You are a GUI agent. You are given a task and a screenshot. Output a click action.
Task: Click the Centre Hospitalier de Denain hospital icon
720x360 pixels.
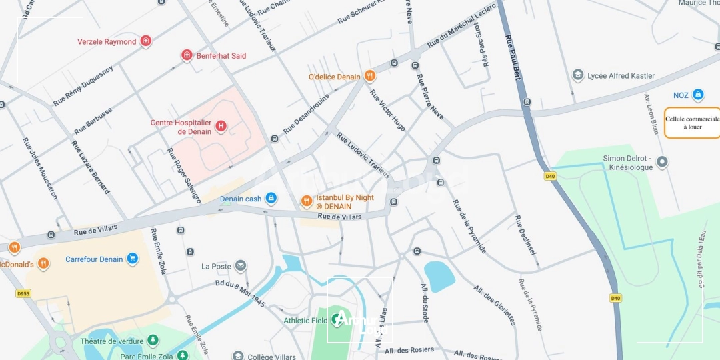tap(221, 125)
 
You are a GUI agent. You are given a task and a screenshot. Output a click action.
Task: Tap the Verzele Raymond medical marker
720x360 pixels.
tap(145, 41)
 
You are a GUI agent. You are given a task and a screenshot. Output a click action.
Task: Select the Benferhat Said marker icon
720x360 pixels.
tap(187, 55)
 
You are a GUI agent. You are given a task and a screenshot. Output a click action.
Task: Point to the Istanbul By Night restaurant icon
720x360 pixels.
tap(307, 201)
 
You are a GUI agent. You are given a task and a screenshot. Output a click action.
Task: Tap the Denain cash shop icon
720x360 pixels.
tap(271, 198)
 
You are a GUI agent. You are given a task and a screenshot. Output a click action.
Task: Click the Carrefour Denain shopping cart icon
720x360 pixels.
tap(132, 259)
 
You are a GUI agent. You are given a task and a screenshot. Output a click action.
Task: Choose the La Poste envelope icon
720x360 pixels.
tap(241, 266)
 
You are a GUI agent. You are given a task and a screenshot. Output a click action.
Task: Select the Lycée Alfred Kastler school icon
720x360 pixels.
tap(578, 75)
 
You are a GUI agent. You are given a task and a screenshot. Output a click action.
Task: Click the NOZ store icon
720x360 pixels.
tap(698, 95)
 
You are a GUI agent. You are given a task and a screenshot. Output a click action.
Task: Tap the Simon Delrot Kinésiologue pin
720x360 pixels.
tap(662, 161)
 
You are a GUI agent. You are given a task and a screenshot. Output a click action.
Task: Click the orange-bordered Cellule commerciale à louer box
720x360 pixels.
tap(692, 123)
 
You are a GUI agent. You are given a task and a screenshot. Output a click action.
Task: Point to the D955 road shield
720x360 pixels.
tap(23, 293)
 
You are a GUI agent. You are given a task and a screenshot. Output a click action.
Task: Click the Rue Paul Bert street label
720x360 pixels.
tap(512, 57)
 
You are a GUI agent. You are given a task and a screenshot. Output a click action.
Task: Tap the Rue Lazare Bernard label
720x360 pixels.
tap(91, 167)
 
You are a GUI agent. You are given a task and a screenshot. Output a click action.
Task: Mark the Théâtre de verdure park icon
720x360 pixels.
tap(153, 341)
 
